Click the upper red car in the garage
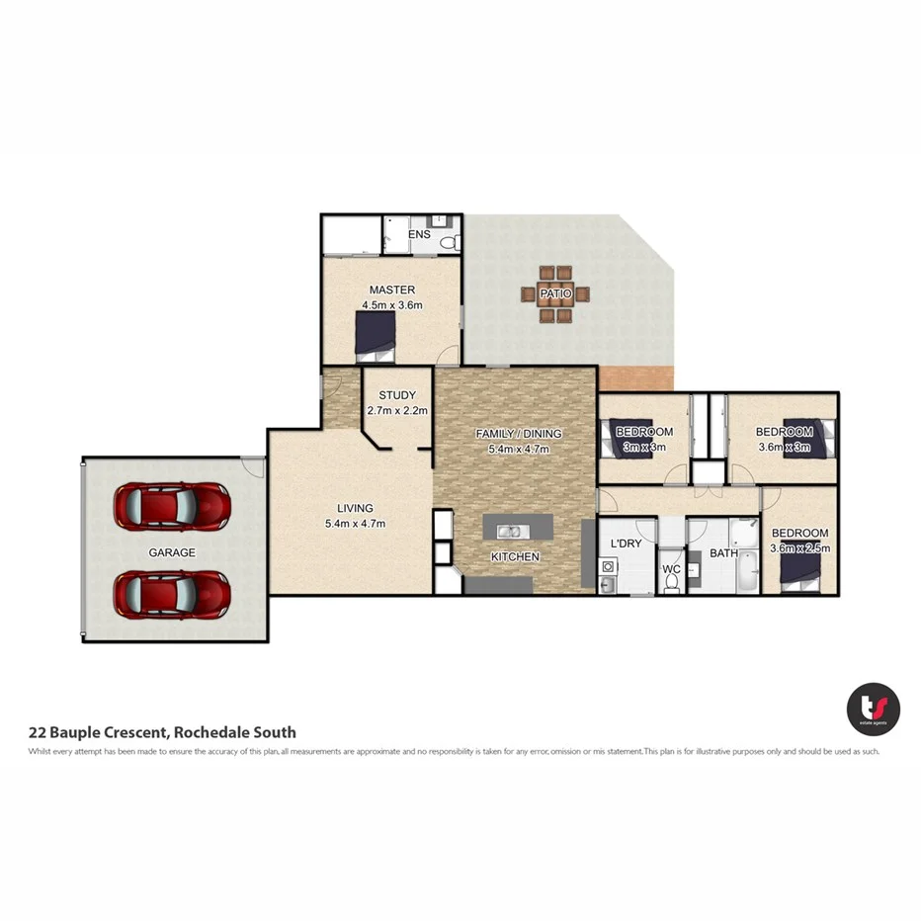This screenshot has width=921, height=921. click(173, 505)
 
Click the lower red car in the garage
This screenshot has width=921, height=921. click(173, 593)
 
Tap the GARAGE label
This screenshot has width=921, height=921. click(172, 552)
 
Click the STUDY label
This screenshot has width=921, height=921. click(396, 395)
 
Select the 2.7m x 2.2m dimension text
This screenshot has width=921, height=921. click(396, 410)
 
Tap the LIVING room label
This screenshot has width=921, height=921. click(354, 509)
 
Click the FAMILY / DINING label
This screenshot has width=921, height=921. click(518, 434)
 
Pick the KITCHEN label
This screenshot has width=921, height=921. click(515, 556)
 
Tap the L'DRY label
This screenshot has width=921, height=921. click(627, 544)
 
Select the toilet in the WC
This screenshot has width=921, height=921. click(672, 584)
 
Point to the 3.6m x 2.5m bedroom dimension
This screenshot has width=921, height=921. click(800, 547)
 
